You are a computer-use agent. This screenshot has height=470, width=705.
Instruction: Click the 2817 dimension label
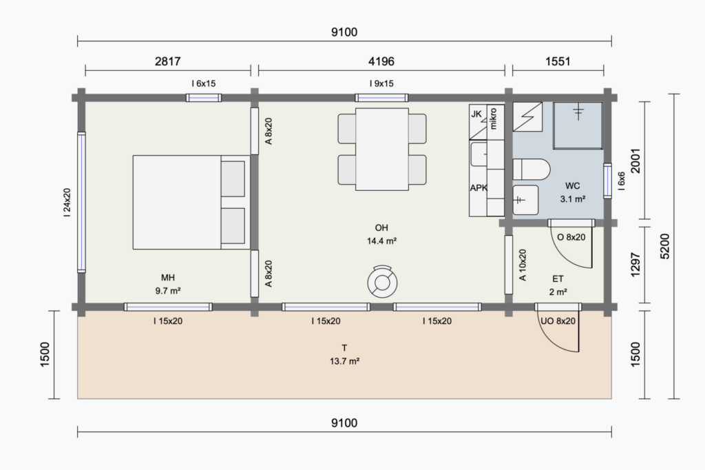(168, 61)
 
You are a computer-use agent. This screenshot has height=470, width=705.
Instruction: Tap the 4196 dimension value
(381, 61)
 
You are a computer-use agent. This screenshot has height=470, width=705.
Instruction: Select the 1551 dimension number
(558, 61)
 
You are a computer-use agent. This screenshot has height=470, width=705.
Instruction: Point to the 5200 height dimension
(665, 246)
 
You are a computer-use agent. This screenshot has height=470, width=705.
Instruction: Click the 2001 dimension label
(635, 161)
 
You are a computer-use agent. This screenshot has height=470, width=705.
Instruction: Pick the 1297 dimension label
(635, 265)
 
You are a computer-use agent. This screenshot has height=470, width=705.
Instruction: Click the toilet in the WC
(532, 170)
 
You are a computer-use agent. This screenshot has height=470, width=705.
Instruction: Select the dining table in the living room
(382, 149)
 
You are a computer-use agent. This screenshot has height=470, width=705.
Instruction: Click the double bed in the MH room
(191, 202)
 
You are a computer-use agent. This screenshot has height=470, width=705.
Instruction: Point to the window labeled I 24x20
(81, 202)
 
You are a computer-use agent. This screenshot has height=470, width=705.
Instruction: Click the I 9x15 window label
(381, 83)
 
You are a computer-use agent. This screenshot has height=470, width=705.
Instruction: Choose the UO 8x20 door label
(558, 321)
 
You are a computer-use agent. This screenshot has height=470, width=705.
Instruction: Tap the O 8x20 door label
(571, 237)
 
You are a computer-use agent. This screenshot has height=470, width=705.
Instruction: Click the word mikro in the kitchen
(493, 119)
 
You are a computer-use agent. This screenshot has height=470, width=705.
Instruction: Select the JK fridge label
(476, 114)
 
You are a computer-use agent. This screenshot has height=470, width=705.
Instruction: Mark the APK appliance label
(478, 187)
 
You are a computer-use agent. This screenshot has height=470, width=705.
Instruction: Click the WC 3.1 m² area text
(572, 192)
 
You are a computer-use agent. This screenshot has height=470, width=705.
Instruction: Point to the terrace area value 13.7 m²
(344, 361)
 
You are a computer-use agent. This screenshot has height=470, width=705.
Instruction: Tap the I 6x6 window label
(622, 181)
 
